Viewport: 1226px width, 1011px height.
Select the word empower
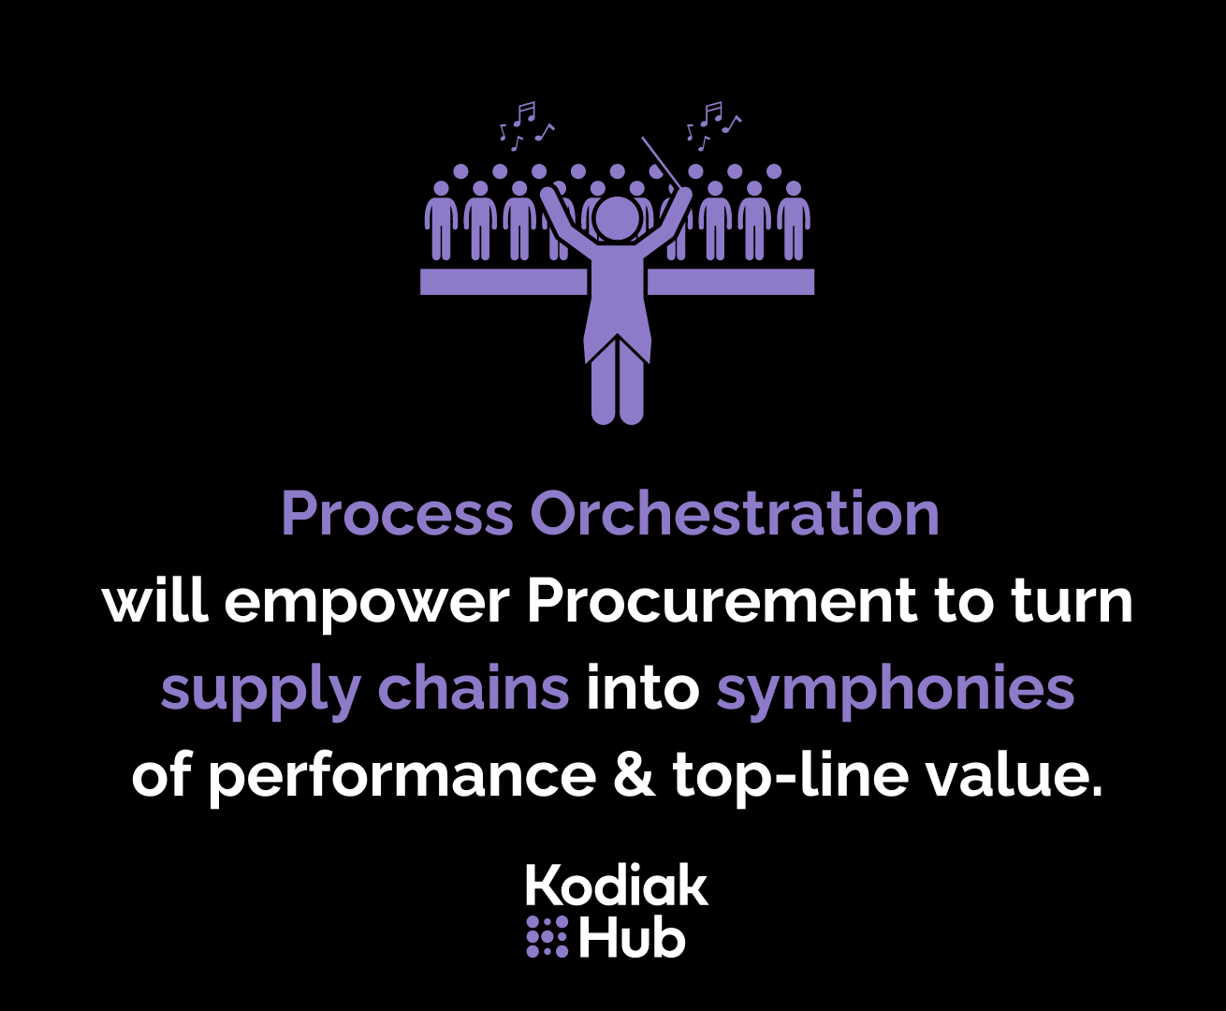pyautogui.click(x=369, y=602)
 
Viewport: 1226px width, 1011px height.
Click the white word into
pyautogui.click(x=643, y=689)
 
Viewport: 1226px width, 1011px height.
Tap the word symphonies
pyautogui.click(x=896, y=691)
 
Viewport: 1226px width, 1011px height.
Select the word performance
pyautogui.click(x=401, y=776)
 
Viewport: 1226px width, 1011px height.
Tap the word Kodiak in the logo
pyautogui.click(x=617, y=886)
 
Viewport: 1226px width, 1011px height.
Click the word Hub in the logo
pyautogui.click(x=632, y=937)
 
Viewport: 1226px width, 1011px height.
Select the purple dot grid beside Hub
pyautogui.click(x=547, y=937)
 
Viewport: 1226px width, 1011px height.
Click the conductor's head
pyautogui.click(x=616, y=218)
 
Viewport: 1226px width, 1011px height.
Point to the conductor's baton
pyautogui.click(x=661, y=161)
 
